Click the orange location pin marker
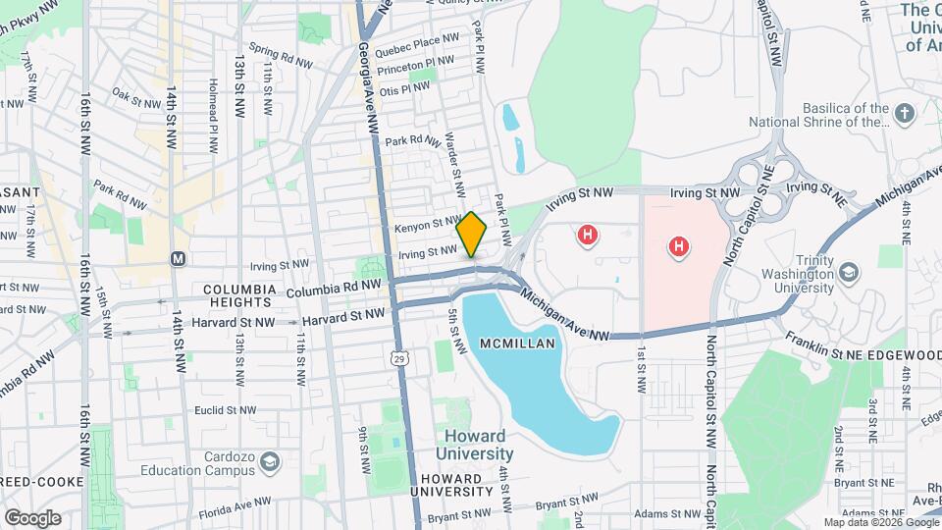(x=472, y=234)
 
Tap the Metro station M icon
(x=178, y=259)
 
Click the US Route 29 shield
(x=399, y=360)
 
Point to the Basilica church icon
(x=904, y=115)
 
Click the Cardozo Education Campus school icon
(x=269, y=461)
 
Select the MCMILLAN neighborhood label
(x=518, y=344)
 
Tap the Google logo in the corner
(x=32, y=517)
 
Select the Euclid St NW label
(x=225, y=409)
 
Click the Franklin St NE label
(x=823, y=338)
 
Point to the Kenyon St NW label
(x=427, y=226)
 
